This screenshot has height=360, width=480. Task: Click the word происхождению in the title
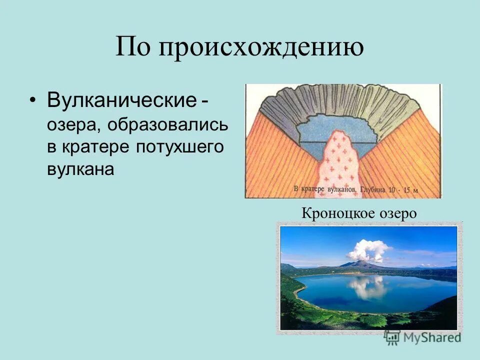(261, 48)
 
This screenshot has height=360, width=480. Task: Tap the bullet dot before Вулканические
(33, 100)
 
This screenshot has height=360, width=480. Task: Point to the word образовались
(166, 125)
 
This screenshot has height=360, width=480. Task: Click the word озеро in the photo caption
(397, 213)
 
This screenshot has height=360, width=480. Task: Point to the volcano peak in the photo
(360, 262)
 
